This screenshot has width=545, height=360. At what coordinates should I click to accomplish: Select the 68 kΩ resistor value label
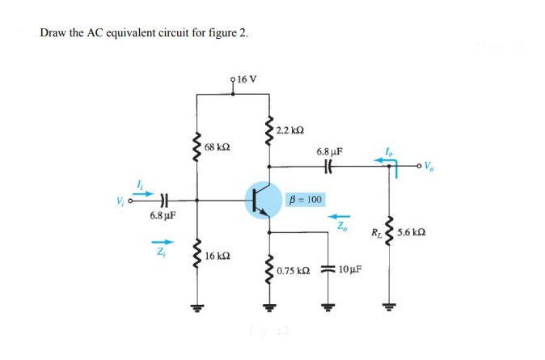click(x=218, y=148)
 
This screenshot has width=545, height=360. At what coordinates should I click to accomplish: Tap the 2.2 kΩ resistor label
click(x=289, y=130)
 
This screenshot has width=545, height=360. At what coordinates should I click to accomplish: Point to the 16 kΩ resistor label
click(x=218, y=256)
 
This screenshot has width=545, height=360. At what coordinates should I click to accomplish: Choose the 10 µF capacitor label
click(x=349, y=269)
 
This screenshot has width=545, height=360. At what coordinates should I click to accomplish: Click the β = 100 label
click(x=305, y=199)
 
